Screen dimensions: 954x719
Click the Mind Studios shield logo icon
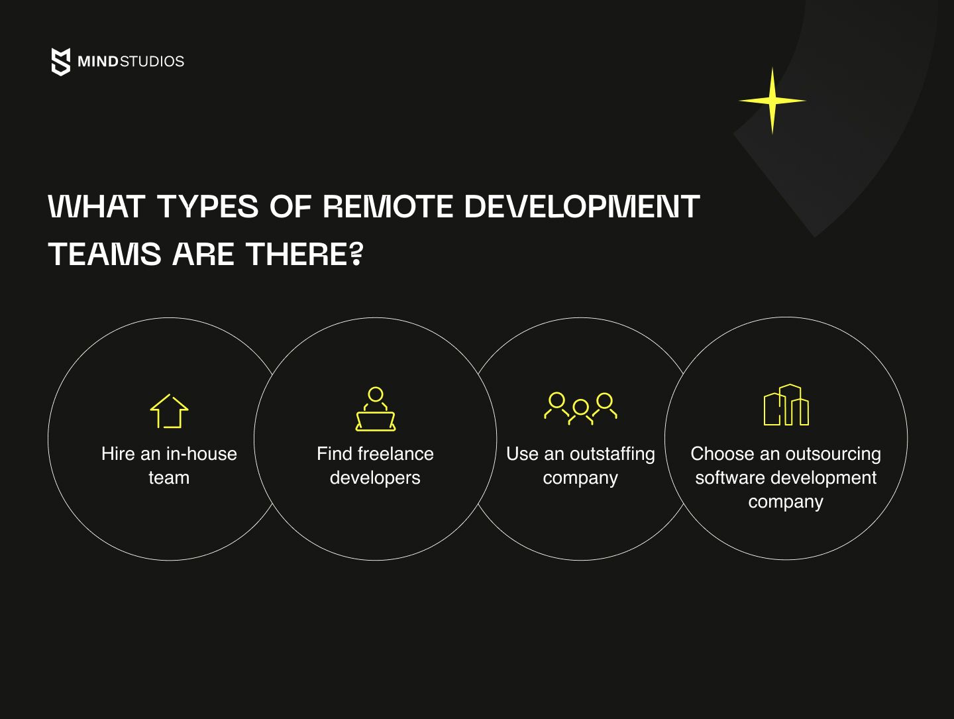pos(61,62)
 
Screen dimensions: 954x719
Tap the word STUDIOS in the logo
pos(152,61)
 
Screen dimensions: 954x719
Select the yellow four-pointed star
pos(772,101)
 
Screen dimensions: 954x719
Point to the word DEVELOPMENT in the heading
pos(582,206)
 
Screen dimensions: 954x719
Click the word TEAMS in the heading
pos(104,254)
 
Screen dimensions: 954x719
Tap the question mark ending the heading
pos(356,254)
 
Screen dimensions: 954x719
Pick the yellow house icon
pos(169,412)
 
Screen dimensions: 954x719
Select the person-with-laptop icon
pos(376,409)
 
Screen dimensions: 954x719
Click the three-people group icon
pos(580,409)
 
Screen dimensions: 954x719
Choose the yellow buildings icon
pos(786,405)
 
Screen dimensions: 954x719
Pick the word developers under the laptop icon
pos(375,478)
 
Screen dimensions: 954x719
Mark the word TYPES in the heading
pos(208,206)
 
